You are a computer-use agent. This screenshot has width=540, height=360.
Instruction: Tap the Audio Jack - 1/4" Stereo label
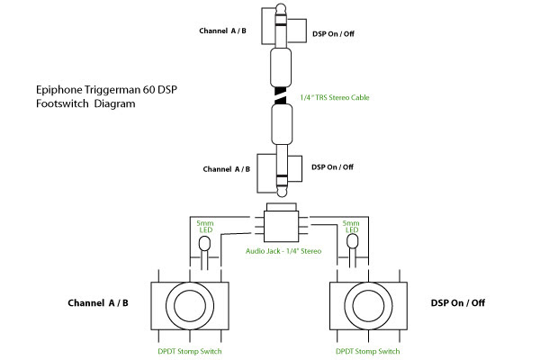point(283,249)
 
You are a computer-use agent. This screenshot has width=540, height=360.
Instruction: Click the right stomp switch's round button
point(369,302)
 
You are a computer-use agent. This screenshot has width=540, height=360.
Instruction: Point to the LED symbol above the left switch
point(205,243)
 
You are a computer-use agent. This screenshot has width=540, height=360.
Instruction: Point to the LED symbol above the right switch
point(352,243)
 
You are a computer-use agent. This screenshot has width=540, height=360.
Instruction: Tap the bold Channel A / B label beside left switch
point(98,302)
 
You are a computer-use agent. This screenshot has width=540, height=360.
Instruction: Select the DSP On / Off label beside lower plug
point(332,166)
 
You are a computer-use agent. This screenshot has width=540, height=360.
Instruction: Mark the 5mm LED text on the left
point(205,226)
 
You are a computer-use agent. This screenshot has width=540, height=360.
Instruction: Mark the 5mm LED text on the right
point(352,226)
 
